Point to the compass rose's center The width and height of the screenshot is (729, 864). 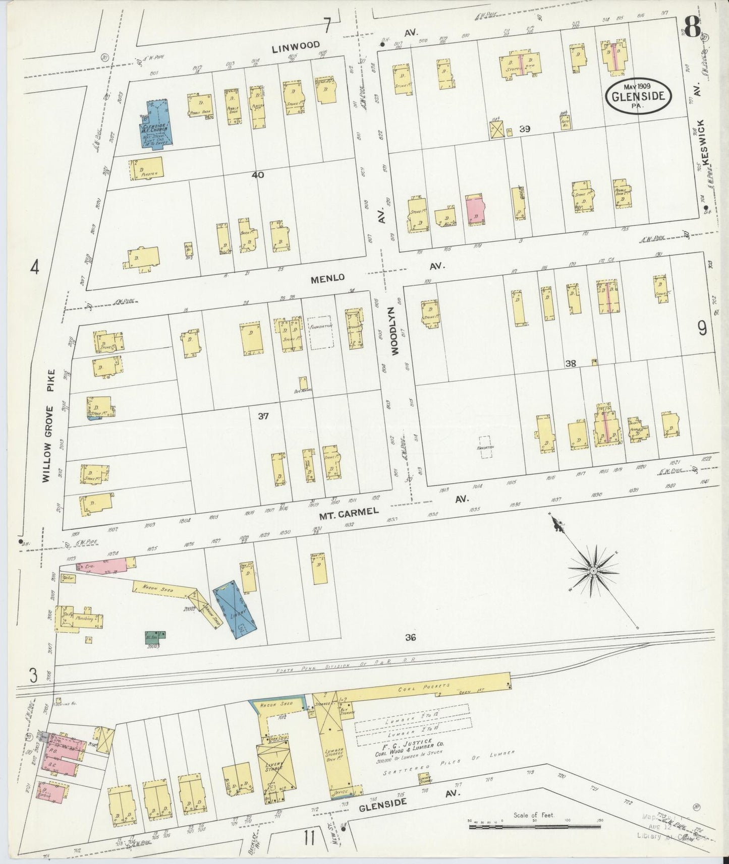tap(593, 570)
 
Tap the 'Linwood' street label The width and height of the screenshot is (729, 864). tap(296, 46)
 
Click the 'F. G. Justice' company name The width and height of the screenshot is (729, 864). tap(414, 743)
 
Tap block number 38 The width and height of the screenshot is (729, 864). tap(571, 363)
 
